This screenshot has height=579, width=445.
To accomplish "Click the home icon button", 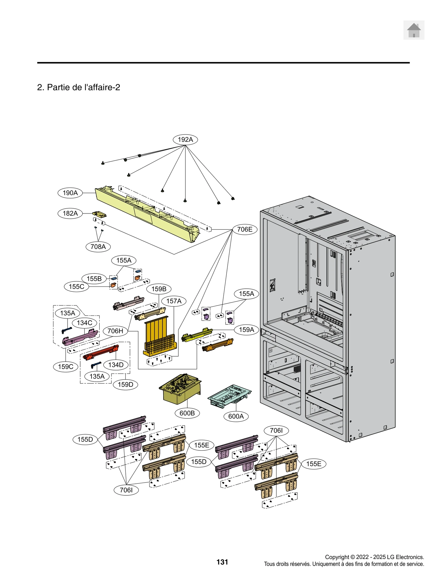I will point(414,30).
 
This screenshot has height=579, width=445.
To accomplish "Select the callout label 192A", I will point(185,139).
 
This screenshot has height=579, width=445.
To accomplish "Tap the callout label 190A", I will point(70,193).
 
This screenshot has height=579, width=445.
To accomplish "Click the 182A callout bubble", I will point(70,213).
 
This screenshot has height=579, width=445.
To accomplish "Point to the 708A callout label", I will point(98,247).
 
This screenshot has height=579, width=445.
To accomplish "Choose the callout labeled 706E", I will point(245,229).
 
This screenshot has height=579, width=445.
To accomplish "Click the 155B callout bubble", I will point(94,279).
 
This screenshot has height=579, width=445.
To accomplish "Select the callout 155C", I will point(76,287).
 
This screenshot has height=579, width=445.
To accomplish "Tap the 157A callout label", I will point(174,301).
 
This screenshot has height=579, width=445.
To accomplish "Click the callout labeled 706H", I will point(115,331).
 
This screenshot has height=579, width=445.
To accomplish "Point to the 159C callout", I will point(66,367).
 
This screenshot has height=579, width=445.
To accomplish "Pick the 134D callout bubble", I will point(116,365).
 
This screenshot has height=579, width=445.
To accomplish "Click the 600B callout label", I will point(187,413).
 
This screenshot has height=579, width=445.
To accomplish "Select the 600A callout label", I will point(236,416).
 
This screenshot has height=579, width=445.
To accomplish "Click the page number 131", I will point(222,562).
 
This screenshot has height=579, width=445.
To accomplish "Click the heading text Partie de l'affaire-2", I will point(79,87).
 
